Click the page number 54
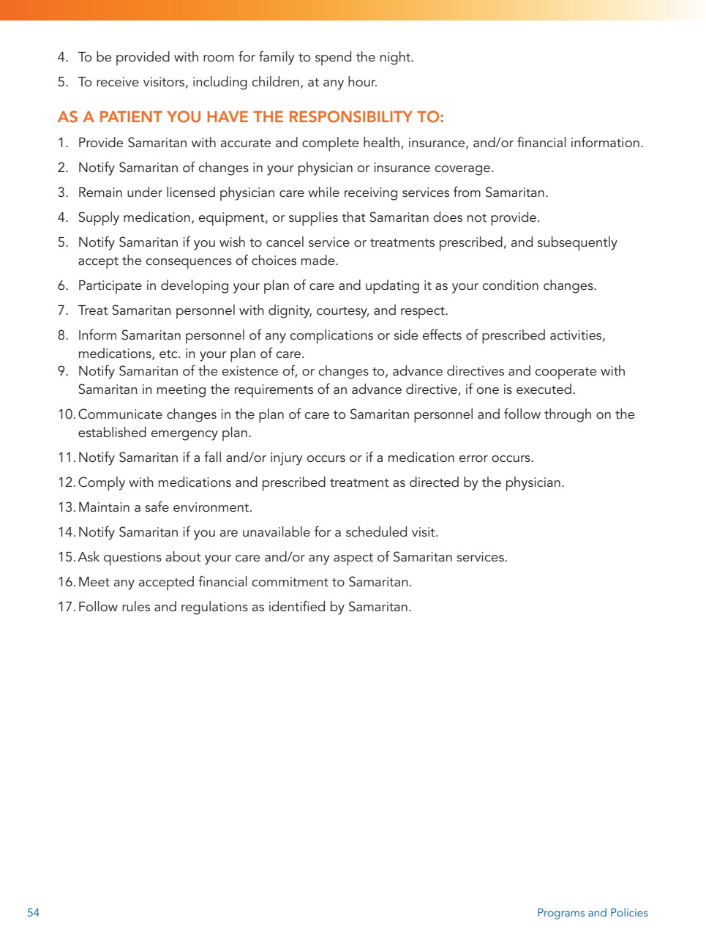point(33,912)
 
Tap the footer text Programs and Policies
point(592,912)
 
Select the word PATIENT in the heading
point(130,117)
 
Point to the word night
point(396,57)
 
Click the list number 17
point(66,607)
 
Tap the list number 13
point(66,507)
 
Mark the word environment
point(214,507)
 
